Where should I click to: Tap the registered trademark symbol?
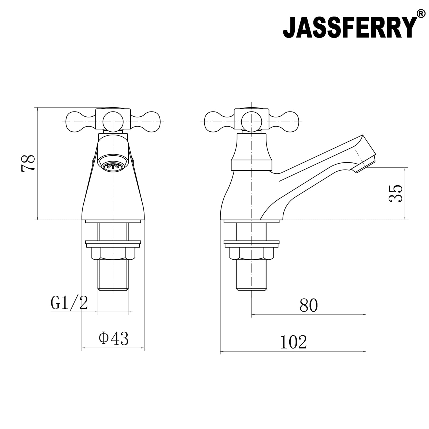421,13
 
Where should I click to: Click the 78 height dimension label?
28,163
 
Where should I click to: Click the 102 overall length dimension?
293,342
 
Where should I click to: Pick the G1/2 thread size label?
69,303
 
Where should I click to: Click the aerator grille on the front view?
113,166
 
